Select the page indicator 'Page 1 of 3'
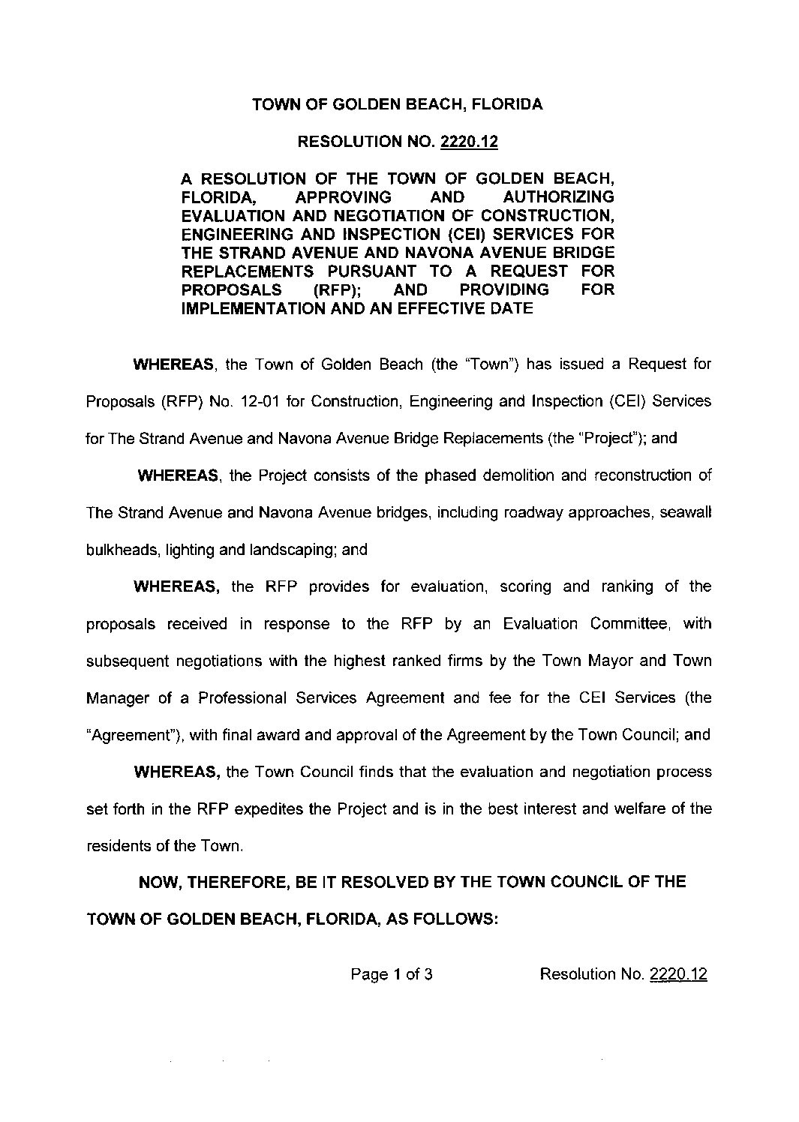[x=391, y=974]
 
